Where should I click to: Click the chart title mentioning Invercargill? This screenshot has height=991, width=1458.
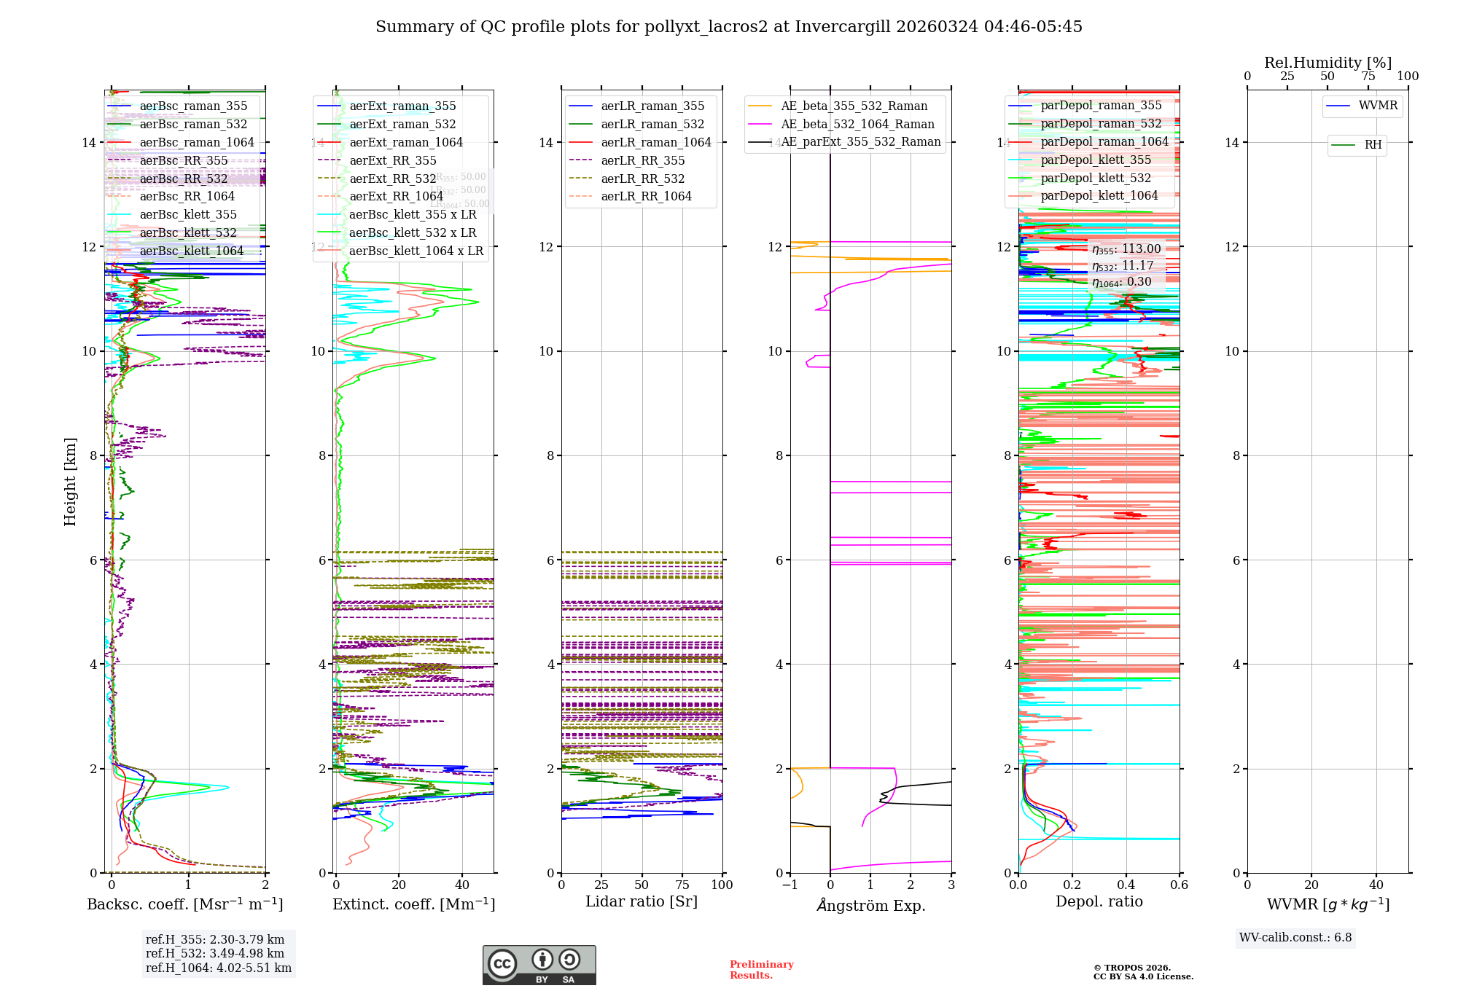pyautogui.click(x=729, y=27)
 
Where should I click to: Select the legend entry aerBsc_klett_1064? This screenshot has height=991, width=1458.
pyautogui.click(x=192, y=251)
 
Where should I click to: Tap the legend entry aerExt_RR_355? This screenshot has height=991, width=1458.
pyautogui.click(x=393, y=160)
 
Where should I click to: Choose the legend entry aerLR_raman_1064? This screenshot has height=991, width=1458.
pyautogui.click(x=656, y=142)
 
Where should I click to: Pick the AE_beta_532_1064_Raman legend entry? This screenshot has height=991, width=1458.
pyautogui.click(x=857, y=124)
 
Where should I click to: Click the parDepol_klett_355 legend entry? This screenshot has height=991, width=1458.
pyautogui.click(x=1096, y=160)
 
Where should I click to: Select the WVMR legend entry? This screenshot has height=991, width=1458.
pyautogui.click(x=1378, y=106)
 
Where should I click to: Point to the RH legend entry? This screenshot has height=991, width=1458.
pyautogui.click(x=1373, y=145)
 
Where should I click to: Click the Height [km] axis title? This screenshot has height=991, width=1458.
pyautogui.click(x=70, y=481)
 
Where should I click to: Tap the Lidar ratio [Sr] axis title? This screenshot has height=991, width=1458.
pyautogui.click(x=642, y=902)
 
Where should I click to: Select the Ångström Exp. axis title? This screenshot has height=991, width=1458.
pyautogui.click(x=871, y=906)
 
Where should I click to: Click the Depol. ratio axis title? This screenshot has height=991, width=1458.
pyautogui.click(x=1099, y=902)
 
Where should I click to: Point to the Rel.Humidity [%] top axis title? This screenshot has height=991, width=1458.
pyautogui.click(x=1328, y=63)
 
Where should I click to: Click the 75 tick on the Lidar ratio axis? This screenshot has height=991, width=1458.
pyautogui.click(x=682, y=885)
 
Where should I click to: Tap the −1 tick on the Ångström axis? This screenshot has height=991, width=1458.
pyautogui.click(x=790, y=885)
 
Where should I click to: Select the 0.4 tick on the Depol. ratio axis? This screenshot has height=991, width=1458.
pyautogui.click(x=1126, y=885)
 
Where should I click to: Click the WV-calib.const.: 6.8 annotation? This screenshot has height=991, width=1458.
pyautogui.click(x=1295, y=938)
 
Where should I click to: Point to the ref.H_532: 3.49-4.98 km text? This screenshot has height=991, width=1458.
pyautogui.click(x=215, y=954)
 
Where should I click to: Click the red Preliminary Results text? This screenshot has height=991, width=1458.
pyautogui.click(x=762, y=970)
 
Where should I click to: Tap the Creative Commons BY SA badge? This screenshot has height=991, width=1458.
pyautogui.click(x=539, y=965)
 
